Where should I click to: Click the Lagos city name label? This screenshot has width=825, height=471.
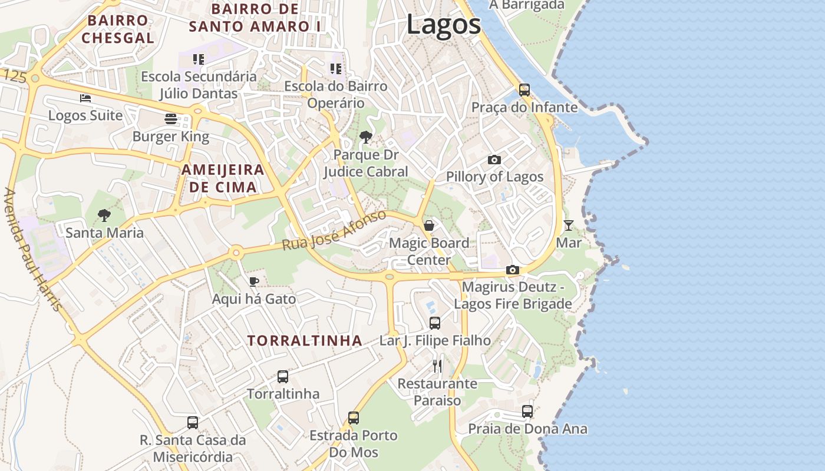coord(443,25)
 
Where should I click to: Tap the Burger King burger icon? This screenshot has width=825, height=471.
coord(171,119)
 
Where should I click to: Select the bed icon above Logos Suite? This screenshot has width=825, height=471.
coord(85,98)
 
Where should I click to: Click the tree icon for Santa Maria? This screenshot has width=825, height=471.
coord(104,215)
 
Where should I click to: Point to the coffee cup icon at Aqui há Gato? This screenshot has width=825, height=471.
coord(253,281)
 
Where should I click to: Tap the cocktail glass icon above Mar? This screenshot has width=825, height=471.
coord(568,225)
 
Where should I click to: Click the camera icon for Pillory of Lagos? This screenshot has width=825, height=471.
coord(494,160)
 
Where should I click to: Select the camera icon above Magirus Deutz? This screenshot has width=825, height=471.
coord(513,270)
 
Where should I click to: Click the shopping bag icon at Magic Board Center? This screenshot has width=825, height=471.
coord(429,225)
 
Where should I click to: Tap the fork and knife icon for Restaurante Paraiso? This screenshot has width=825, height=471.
coord(437,366)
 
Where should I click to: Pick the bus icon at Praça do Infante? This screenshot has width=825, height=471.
coord(524,90)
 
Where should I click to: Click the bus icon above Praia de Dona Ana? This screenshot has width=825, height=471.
coord(527,412)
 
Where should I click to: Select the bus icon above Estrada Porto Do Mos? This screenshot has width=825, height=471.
coord(354,418)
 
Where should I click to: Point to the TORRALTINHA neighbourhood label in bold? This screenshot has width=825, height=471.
coord(305,340)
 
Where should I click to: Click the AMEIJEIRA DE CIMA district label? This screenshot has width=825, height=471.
coord(222,178)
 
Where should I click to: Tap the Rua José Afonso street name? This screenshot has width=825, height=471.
coord(334,230)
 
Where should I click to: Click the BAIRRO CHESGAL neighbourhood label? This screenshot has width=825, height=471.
coord(118,29)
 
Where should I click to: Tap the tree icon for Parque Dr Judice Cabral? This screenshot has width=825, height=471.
coord(365,138)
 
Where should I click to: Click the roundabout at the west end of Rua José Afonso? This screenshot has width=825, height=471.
coord(236,253)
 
